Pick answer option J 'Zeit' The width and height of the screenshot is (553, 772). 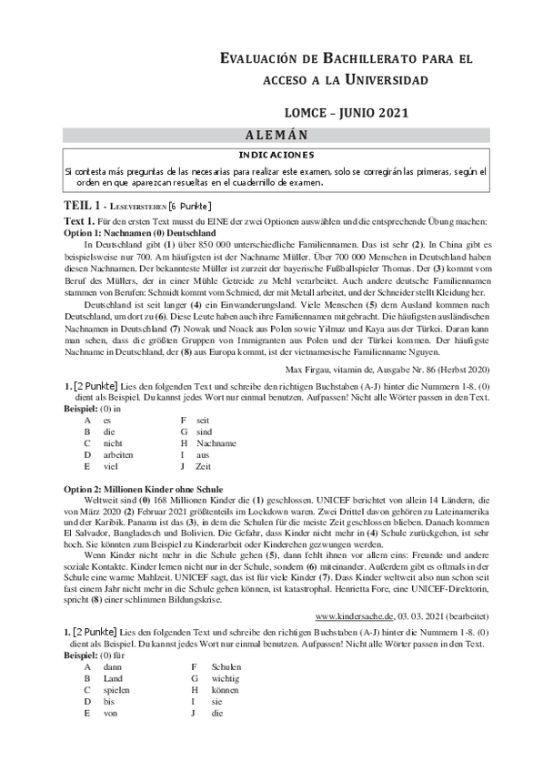[x=203, y=466]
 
